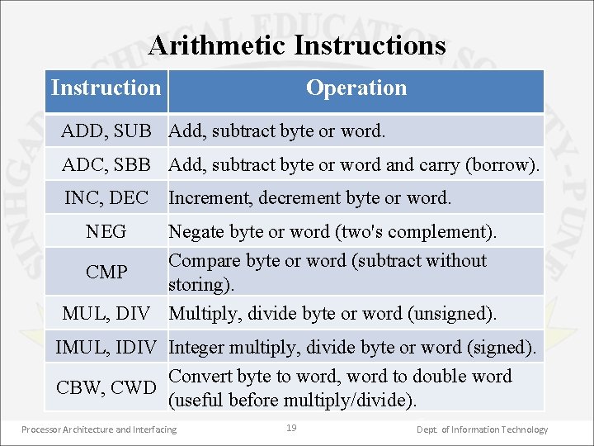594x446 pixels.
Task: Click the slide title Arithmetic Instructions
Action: pos(297,45)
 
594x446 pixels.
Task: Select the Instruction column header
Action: pos(106,88)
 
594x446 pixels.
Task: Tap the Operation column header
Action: pos(356,88)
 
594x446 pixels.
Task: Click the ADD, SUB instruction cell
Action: pos(106,131)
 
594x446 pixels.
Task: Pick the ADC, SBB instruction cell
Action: pos(106,165)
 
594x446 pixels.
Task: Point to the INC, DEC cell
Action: pos(106,198)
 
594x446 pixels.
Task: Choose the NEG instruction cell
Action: pos(106,232)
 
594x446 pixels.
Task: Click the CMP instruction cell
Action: pos(106,272)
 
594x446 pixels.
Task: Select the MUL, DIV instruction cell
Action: pos(106,314)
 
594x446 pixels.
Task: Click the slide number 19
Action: pos(290,428)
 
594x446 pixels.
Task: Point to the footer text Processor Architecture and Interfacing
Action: pos(99,429)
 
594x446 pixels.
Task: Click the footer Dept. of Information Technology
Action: pos(482,429)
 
